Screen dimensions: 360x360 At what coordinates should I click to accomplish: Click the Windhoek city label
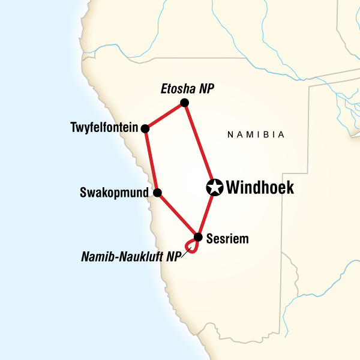pos(260,188)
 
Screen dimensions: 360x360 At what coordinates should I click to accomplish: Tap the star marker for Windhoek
pos(214,188)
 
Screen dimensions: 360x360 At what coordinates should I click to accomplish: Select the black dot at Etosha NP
pos(185,103)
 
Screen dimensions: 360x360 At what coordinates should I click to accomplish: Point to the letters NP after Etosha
pos(207,89)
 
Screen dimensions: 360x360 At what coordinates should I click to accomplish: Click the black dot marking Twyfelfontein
pos(145,128)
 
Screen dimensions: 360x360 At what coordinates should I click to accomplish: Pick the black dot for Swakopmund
pos(157,193)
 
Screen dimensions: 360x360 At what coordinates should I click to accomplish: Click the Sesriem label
pos(227,239)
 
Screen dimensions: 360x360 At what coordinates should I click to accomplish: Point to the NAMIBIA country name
pos(256,135)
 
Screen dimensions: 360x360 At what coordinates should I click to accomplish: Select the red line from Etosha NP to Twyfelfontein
pos(165,115)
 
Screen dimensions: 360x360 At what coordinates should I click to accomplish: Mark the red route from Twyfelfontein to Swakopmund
pos(151,160)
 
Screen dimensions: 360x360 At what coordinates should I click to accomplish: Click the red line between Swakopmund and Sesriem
pos(178,214)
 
